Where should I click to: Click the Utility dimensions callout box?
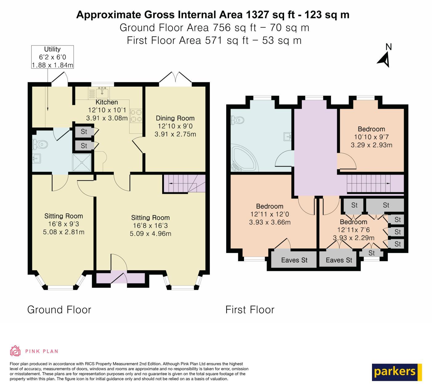(x=53, y=57)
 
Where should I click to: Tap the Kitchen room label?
(x=106, y=102)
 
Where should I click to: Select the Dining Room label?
(x=175, y=118)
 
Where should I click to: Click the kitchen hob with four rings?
(x=136, y=116)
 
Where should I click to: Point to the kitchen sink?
(x=102, y=92)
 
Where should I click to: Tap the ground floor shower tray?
(x=82, y=163)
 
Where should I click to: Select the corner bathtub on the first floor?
(x=244, y=158)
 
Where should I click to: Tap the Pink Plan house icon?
(x=15, y=351)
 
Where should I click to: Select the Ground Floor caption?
(x=59, y=310)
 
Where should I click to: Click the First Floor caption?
(x=250, y=310)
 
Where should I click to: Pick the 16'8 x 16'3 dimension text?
(x=150, y=226)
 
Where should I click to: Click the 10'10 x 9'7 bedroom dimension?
(x=371, y=137)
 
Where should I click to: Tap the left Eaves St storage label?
(x=294, y=260)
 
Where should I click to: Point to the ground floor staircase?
(x=184, y=183)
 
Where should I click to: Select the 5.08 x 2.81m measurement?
(x=63, y=232)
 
